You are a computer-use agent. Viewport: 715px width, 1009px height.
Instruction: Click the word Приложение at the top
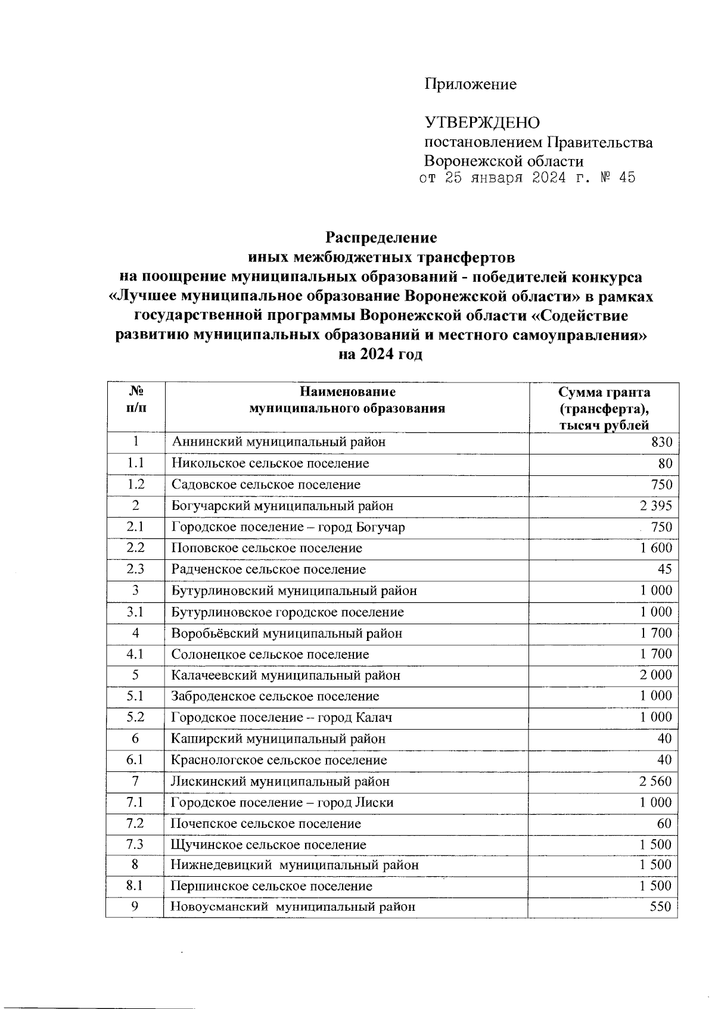(470, 84)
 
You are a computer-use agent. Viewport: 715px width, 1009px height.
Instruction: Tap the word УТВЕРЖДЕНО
(482, 123)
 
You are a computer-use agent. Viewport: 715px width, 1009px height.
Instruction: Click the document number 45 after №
(627, 177)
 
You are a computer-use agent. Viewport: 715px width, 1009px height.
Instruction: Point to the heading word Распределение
(381, 238)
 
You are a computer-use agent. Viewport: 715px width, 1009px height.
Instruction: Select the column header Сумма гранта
(604, 392)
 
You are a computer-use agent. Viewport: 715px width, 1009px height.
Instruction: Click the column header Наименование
(347, 392)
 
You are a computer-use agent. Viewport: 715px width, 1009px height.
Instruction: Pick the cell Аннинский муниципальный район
(278, 442)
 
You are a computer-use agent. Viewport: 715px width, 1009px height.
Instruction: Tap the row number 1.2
(135, 484)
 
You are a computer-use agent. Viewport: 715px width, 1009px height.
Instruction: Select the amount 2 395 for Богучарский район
(655, 506)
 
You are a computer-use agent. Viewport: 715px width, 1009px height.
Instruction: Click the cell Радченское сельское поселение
(269, 569)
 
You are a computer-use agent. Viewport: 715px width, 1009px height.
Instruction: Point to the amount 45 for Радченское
(665, 569)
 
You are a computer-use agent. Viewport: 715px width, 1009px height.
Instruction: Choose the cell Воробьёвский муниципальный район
(287, 633)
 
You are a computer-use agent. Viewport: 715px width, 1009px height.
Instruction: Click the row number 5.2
(135, 717)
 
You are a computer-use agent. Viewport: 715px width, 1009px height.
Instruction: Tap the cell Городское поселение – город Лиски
(282, 802)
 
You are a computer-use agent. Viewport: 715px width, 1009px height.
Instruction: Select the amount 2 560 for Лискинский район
(655, 781)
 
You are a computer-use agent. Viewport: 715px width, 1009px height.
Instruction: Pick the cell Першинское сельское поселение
(272, 886)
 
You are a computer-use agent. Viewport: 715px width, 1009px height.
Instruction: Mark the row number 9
(135, 907)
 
